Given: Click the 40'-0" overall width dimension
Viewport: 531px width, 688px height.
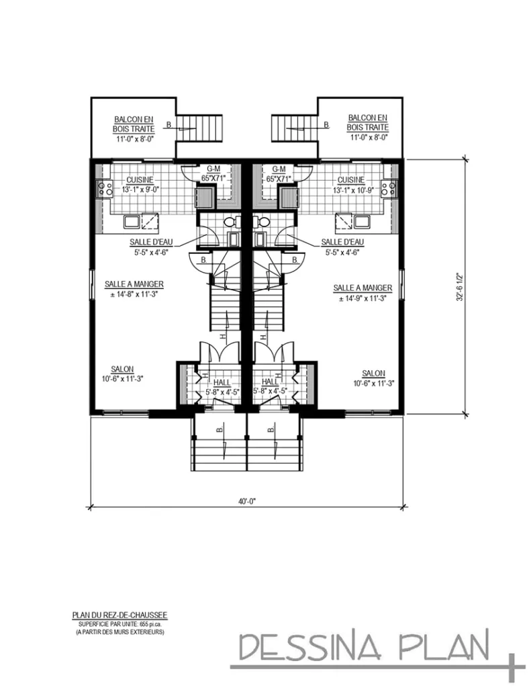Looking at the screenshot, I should click(x=248, y=500).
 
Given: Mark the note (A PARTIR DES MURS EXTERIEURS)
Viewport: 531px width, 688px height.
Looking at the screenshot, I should click(x=120, y=632).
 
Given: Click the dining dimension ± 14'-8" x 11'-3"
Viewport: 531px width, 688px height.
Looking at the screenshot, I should click(x=134, y=294).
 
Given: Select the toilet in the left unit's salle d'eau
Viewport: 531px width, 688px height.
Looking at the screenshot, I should click(x=230, y=222).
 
